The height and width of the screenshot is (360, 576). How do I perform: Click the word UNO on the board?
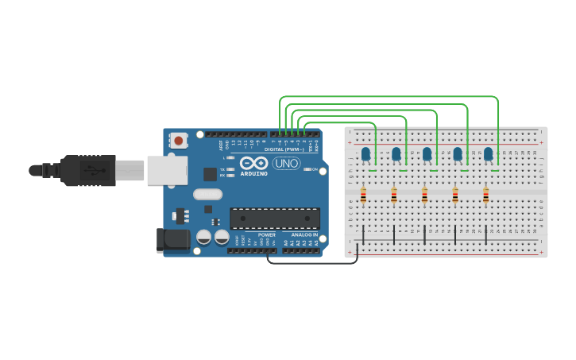pyautogui.click(x=287, y=163)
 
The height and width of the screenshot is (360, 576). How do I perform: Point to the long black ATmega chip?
pyautogui.click(x=275, y=218)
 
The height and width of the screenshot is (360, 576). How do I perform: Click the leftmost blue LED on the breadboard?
pyautogui.click(x=365, y=153)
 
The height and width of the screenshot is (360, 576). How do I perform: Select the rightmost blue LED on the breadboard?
pyautogui.click(x=489, y=153)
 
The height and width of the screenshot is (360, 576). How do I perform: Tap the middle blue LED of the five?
pyautogui.click(x=427, y=153)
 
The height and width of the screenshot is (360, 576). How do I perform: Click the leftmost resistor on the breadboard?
pyautogui.click(x=363, y=194)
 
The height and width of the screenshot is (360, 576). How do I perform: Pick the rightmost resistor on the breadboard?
pyautogui.click(x=486, y=194)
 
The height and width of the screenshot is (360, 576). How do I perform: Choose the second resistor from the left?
pyautogui.click(x=394, y=194)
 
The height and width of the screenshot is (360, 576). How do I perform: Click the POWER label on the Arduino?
pyautogui.click(x=267, y=235)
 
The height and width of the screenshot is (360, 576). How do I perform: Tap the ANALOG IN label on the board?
pyautogui.click(x=303, y=235)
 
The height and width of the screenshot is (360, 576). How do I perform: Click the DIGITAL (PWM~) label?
pyautogui.click(x=285, y=149)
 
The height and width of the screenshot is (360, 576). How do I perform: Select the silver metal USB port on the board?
pyautogui.click(x=168, y=170)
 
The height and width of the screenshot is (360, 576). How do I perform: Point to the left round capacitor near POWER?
pyautogui.click(x=204, y=237)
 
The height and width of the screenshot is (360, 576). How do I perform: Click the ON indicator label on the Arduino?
pyautogui.click(x=315, y=169)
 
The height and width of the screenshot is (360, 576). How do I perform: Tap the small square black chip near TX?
pyautogui.click(x=210, y=174)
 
